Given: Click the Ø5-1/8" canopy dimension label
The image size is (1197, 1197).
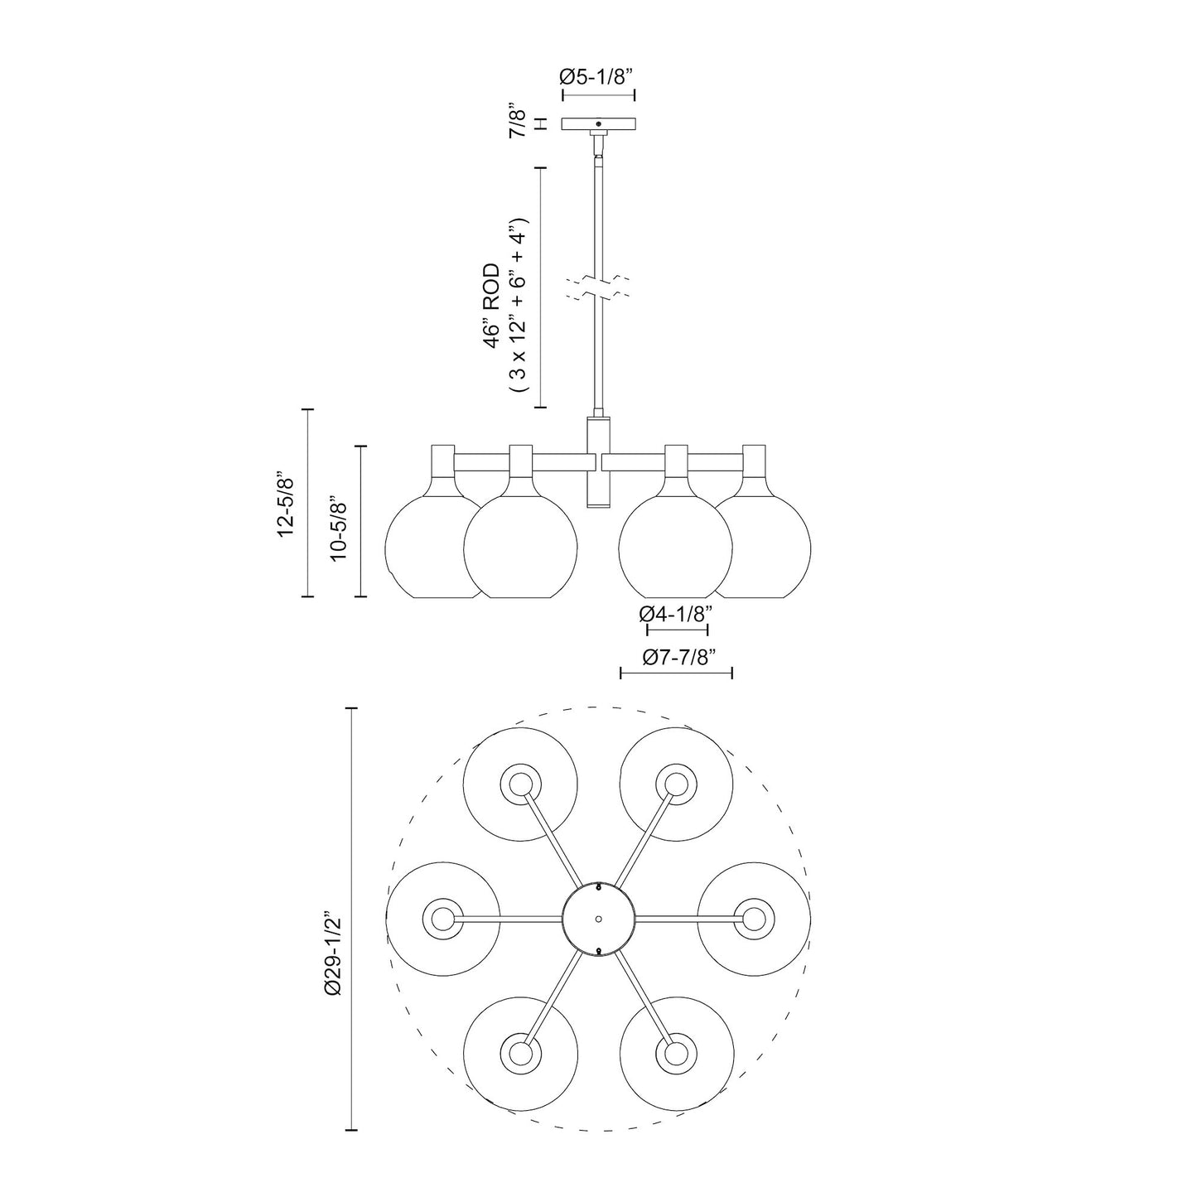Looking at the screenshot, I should (x=596, y=76).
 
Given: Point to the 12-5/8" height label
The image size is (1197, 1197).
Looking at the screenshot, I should (x=287, y=503).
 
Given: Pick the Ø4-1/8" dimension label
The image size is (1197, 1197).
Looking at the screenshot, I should (x=676, y=614).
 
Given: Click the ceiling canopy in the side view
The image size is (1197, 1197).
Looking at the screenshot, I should (x=598, y=123).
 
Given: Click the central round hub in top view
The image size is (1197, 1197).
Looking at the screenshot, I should (x=598, y=919).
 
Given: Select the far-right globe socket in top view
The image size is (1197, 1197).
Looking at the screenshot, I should (x=753, y=919).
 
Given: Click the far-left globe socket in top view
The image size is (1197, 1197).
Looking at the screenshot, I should (x=442, y=919).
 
